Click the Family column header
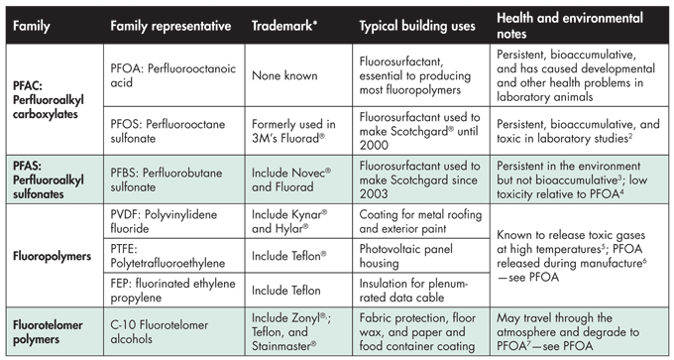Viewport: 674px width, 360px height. (35, 24)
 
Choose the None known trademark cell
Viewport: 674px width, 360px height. (284, 76)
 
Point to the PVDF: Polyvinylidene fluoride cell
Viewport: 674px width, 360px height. (164, 219)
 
